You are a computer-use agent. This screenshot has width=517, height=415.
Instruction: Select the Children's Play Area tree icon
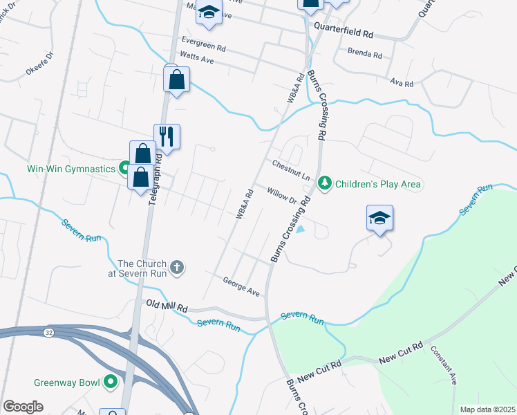[x=325, y=184]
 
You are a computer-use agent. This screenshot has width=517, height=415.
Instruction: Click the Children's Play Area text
[x=378, y=185]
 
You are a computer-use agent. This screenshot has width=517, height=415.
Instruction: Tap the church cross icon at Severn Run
[x=177, y=268]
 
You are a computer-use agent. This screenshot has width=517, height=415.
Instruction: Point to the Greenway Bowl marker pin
[x=111, y=382]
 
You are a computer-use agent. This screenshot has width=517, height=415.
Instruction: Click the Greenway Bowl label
[x=68, y=382]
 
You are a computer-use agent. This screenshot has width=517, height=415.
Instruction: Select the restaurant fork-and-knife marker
[x=167, y=136]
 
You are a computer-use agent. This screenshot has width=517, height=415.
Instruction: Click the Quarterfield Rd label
[x=343, y=33]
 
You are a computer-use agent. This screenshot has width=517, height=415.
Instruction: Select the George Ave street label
[x=241, y=286]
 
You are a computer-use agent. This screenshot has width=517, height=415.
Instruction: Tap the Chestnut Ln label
[x=290, y=170]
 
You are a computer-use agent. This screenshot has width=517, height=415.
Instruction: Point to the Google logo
[x=23, y=407]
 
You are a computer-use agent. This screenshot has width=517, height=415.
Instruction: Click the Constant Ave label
[x=444, y=365]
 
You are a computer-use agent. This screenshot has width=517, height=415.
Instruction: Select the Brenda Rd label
[x=365, y=53]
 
